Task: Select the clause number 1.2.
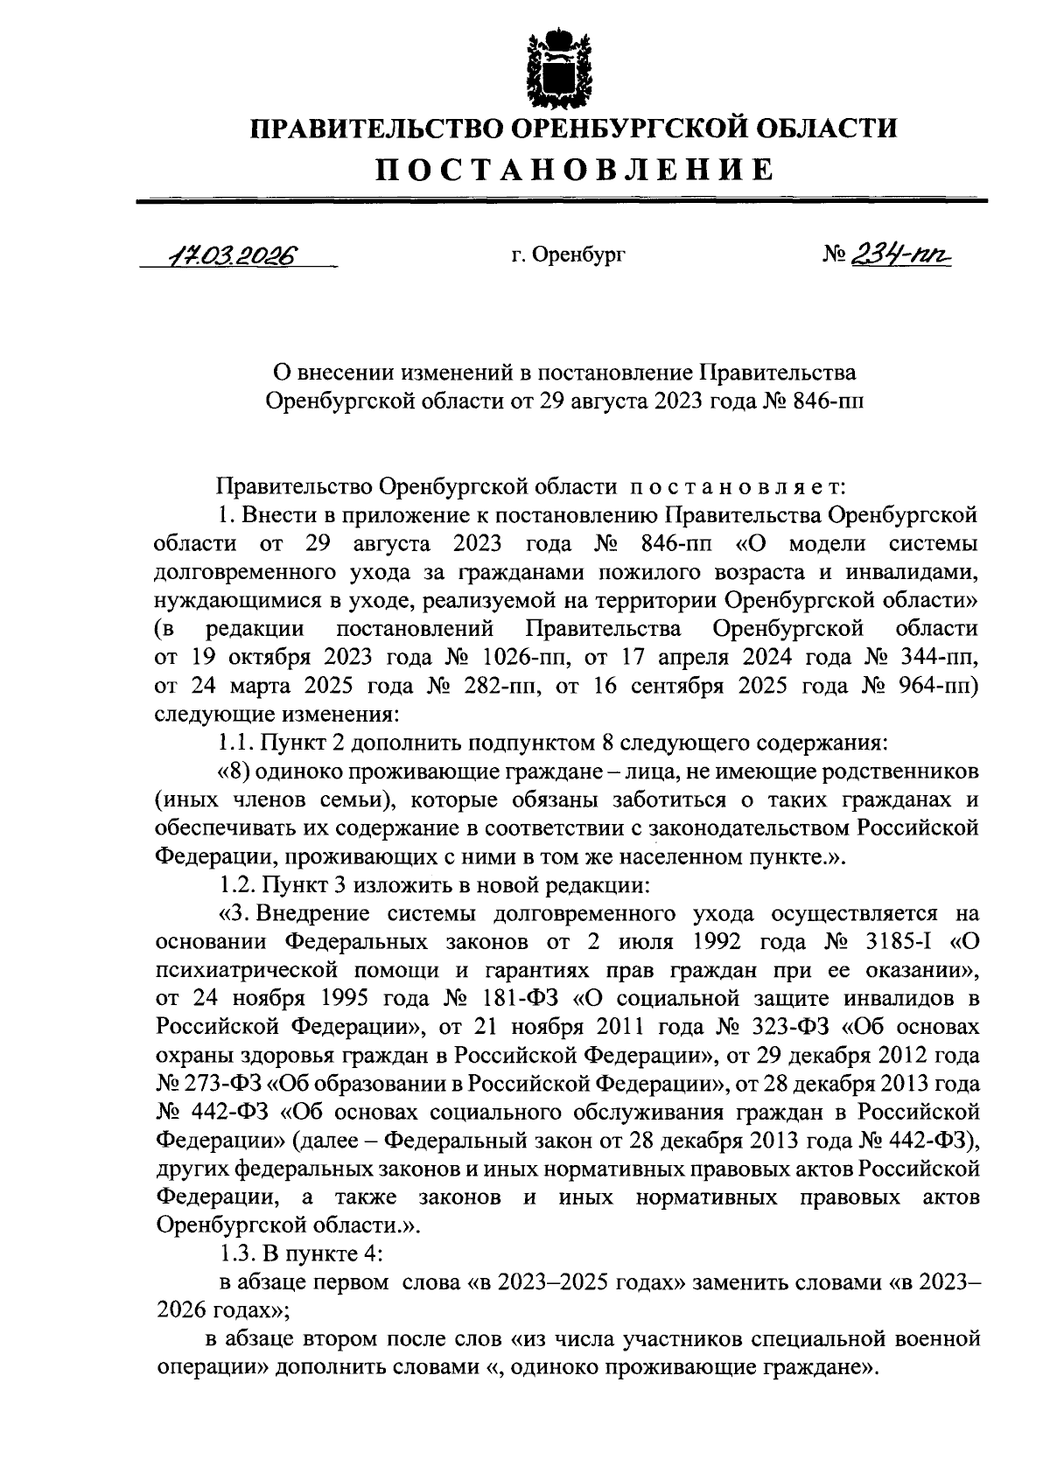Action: [236, 884]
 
